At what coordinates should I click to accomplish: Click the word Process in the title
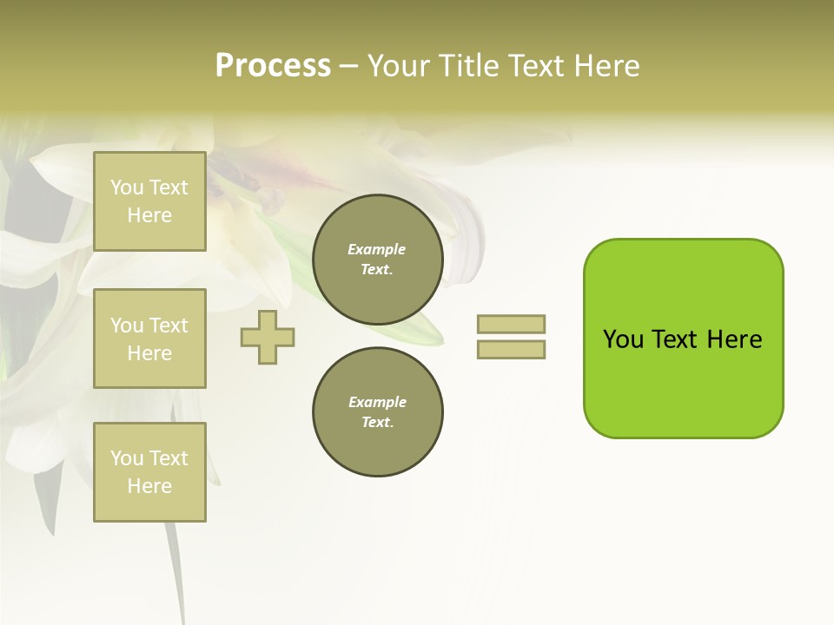coord(273,66)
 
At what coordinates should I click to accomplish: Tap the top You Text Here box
coord(149,201)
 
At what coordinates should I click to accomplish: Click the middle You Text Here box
coord(149,339)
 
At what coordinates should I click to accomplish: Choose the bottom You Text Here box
coord(149,472)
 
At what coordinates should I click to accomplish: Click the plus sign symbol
coord(268,337)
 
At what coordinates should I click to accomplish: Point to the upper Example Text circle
coord(378,260)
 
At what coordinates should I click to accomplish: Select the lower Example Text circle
coord(378,412)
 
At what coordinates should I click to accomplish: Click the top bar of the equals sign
coord(512,324)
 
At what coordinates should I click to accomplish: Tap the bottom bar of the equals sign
coord(512,350)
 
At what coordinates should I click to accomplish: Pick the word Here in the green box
coord(734,339)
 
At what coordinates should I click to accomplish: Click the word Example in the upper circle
coord(377,249)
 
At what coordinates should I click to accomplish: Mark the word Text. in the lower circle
coord(377,423)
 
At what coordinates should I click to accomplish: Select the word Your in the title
coord(396,66)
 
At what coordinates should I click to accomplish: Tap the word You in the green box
coord(623,339)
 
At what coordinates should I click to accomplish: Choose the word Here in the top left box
coord(149,215)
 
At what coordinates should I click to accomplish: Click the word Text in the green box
coord(676,339)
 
